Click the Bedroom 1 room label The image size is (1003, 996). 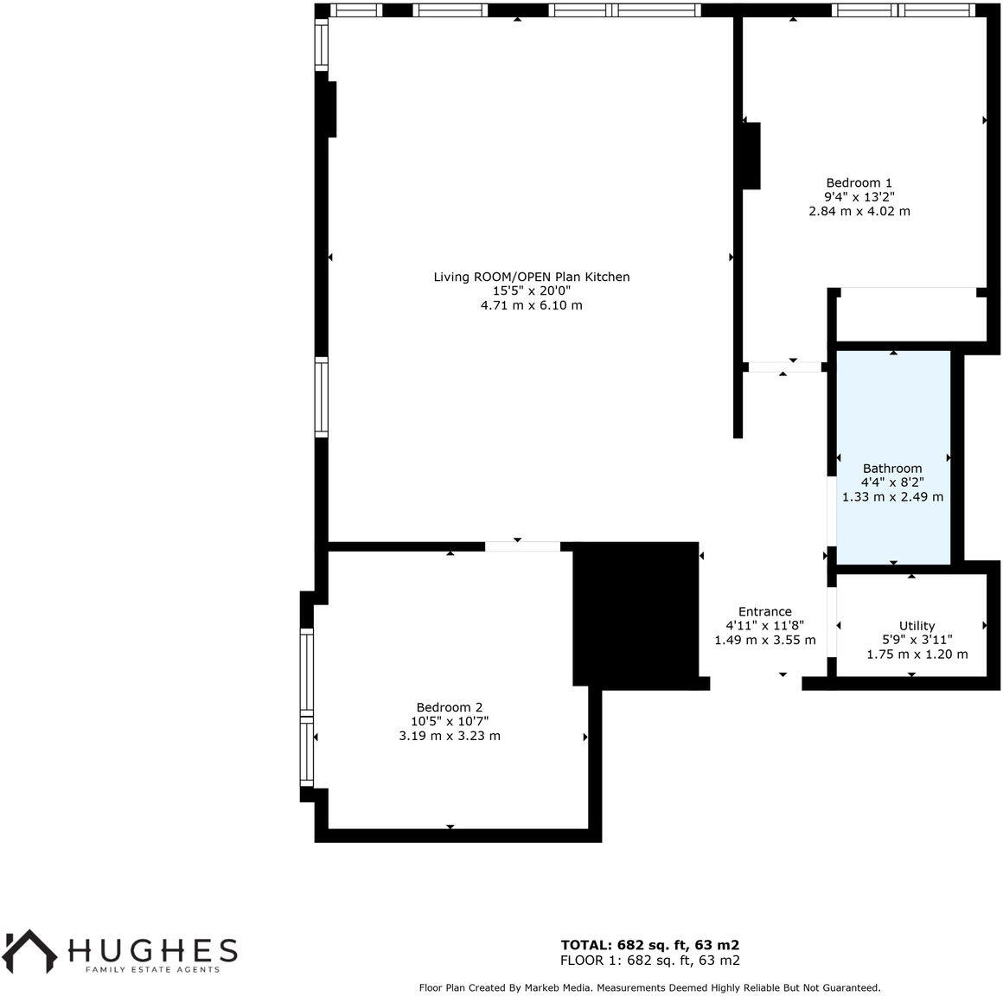click(859, 182)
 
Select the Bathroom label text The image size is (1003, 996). click(892, 469)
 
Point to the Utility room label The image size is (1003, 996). click(917, 626)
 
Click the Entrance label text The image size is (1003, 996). click(764, 611)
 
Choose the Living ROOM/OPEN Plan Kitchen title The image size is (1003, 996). click(531, 277)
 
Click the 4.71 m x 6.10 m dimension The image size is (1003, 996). click(531, 305)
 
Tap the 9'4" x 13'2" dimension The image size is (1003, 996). click(859, 196)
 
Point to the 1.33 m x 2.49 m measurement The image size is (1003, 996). click(892, 497)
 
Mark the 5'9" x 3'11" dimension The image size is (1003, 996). click(917, 640)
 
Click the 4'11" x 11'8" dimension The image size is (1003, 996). click(764, 626)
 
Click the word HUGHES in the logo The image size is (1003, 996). click(152, 950)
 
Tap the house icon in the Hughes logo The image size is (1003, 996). click(30, 949)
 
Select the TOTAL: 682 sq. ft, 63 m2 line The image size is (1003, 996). click(649, 945)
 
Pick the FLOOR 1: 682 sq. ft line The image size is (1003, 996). click(649, 961)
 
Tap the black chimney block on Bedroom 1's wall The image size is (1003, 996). click(751, 156)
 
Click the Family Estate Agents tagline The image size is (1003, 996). click(151, 970)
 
